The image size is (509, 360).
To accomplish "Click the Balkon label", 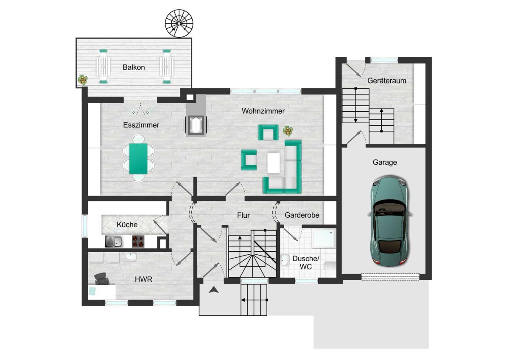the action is coord(134,67).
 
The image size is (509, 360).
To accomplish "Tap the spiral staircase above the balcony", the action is coord(179,23).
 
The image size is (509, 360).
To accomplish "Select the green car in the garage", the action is coord(390,221).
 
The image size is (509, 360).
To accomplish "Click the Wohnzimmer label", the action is coord(263,111).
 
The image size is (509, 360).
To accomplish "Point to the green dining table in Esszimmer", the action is coord(138,158).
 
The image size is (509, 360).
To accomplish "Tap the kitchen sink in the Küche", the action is coord(114,241).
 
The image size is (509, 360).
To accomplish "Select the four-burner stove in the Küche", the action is coord(138,241).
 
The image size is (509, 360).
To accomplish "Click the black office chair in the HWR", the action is coord(101,279).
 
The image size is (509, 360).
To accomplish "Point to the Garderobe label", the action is coord(302,215).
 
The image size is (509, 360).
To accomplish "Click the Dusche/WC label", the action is coord(306,262).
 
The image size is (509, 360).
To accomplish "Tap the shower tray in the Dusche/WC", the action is coord(324,238).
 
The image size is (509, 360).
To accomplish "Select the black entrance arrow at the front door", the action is coord(214,290).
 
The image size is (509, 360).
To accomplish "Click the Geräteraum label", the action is coord(386,81).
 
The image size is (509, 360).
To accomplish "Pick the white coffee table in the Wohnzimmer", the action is coord(273,163).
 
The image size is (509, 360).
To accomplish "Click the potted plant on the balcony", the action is coord(83,80).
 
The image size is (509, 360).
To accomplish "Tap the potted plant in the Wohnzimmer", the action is coord(288,131).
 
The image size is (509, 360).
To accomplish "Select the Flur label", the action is coord(243,215).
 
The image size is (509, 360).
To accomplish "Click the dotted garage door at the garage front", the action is coord(390,277).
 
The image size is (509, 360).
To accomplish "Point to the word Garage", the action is coord(385,162).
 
